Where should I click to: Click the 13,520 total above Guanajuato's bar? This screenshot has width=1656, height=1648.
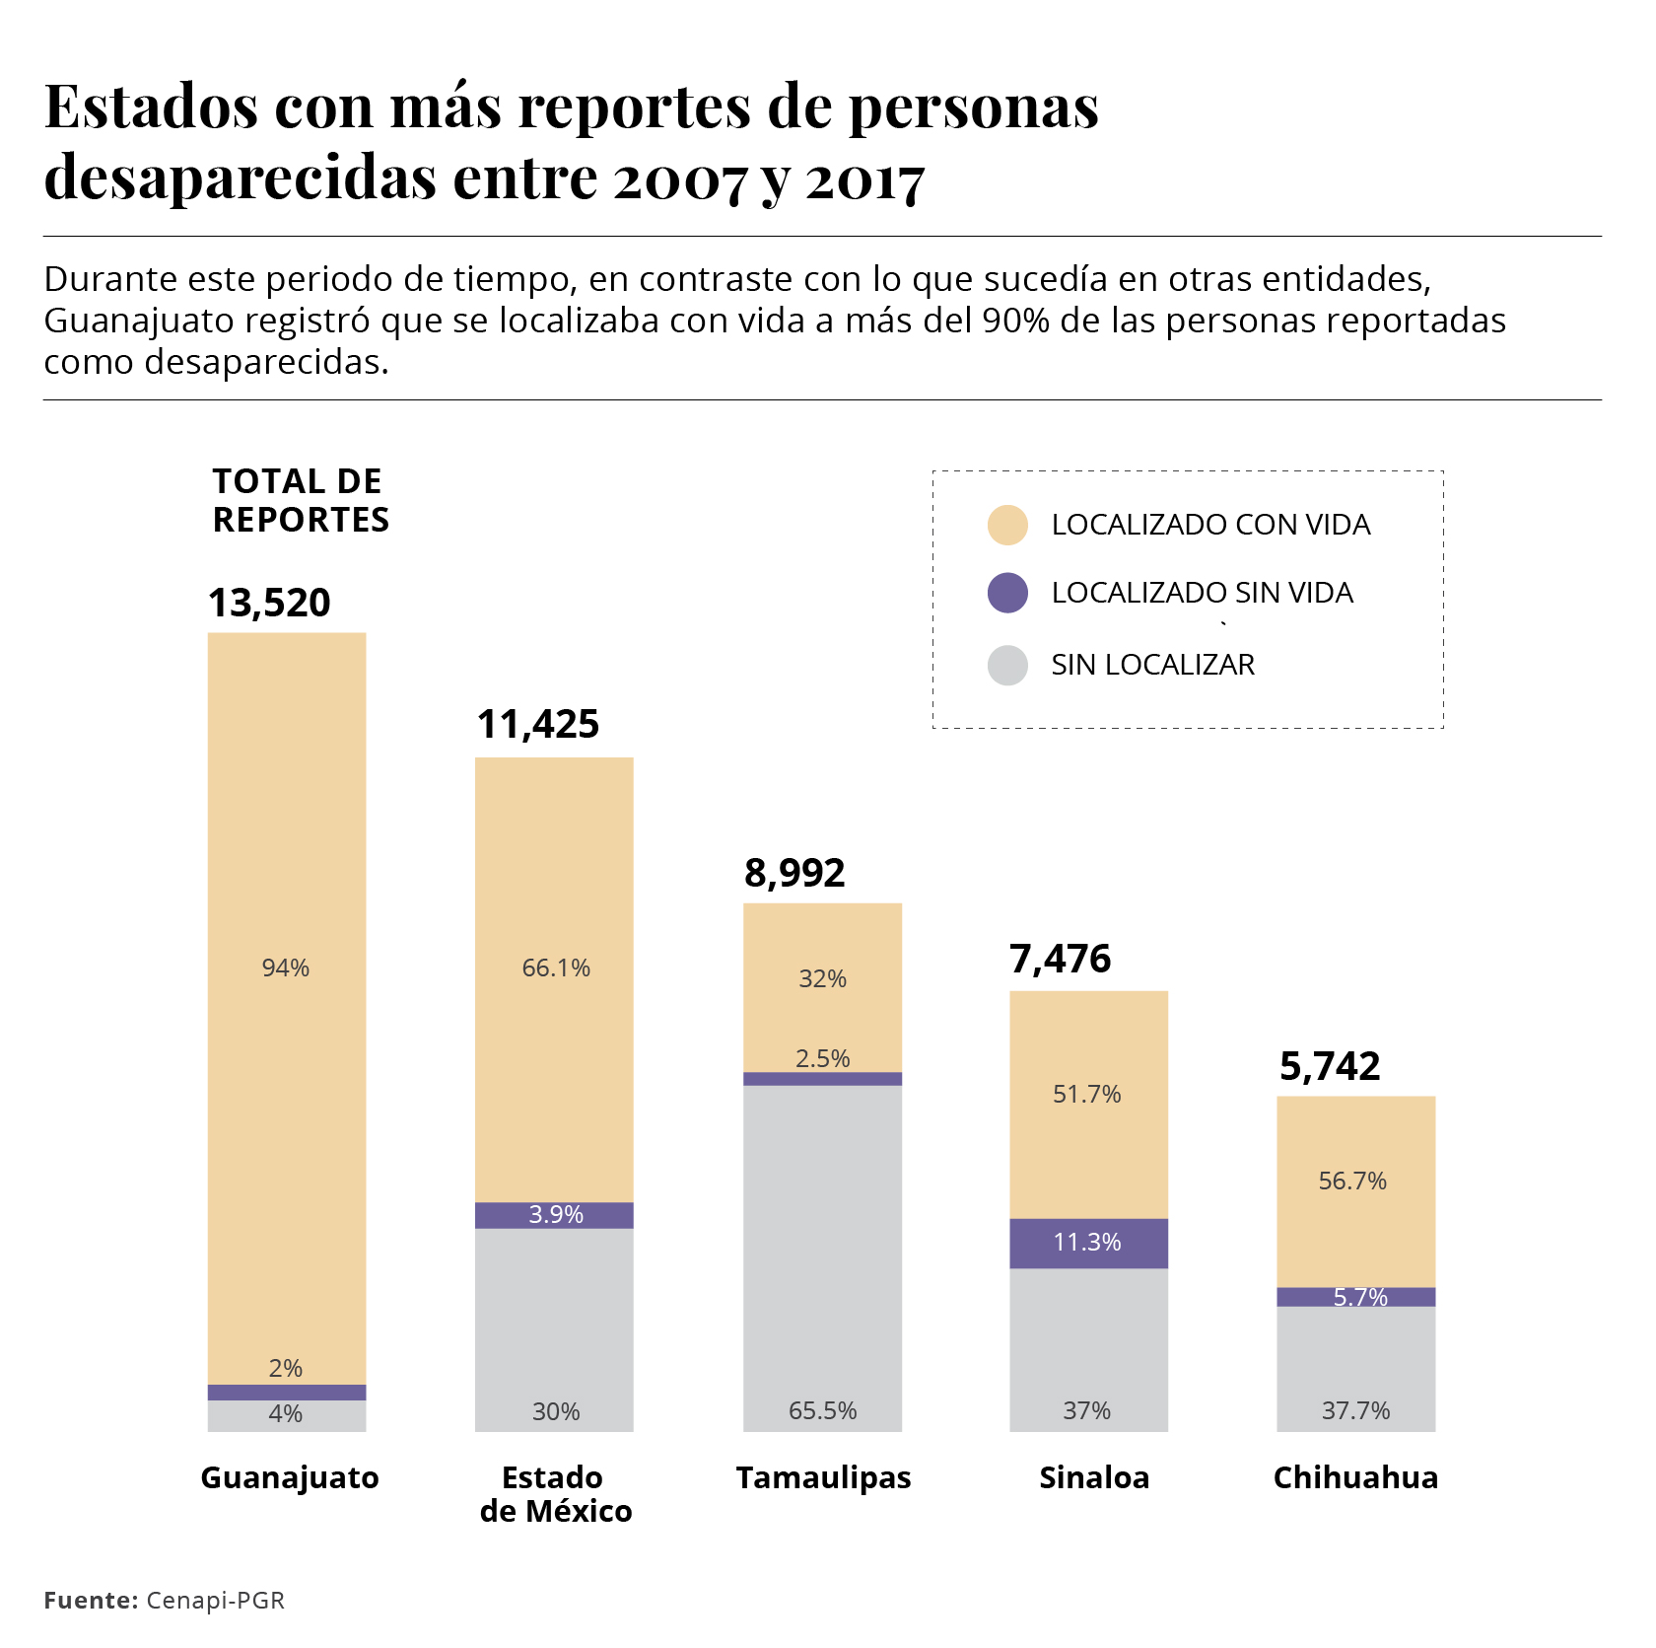pos(269,603)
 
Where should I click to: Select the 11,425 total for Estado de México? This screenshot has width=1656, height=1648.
pos(538,724)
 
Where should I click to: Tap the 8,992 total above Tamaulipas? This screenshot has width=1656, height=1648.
pos(794,873)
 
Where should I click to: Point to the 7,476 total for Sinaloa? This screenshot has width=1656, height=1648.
pos(1060,959)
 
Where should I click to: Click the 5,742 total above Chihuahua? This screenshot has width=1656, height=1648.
pos(1330,1066)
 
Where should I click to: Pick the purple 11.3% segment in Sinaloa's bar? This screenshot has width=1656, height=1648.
pos(1088,1243)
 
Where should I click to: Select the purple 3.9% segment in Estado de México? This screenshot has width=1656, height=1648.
pos(554,1215)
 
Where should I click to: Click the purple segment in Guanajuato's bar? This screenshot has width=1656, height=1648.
pos(287,1393)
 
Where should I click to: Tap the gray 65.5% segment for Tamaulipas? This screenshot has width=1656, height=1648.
pos(822,1257)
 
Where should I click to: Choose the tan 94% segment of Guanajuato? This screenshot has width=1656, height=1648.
pos(287,1006)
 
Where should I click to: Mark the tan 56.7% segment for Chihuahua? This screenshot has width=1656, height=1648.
pos(1355,1191)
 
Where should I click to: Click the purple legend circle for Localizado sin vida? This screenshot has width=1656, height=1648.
pos(1007,593)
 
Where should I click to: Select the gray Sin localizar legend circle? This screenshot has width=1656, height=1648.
pos(1007,665)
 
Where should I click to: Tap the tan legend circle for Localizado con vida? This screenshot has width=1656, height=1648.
pos(1007,525)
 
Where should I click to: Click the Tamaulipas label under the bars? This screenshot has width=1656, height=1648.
pos(823,1477)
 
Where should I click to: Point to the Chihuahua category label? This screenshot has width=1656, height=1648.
pos(1355,1477)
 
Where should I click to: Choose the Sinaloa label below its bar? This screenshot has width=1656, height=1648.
pos(1094,1477)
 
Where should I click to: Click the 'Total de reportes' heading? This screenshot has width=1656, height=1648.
pos(301,500)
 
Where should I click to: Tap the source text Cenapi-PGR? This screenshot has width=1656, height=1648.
pos(215,1600)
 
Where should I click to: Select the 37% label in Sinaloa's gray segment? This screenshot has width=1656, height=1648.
pos(1086,1410)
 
